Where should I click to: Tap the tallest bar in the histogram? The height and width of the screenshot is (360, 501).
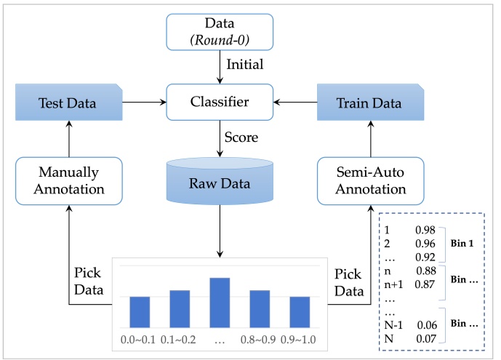220,302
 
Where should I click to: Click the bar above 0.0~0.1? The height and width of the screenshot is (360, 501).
140,311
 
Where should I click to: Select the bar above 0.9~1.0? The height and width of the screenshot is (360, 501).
300,311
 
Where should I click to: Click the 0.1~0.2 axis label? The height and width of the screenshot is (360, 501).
180,338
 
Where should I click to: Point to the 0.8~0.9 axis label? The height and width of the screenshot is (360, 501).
260,338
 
